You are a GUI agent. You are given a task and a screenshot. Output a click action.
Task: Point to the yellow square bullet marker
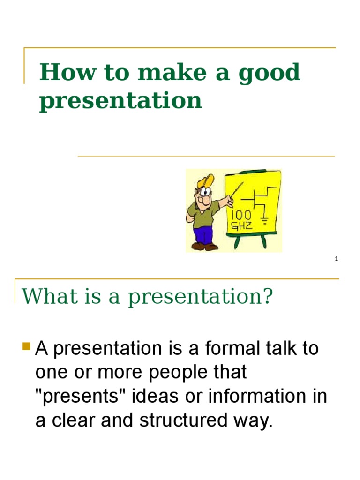pyautogui.click(x=26, y=347)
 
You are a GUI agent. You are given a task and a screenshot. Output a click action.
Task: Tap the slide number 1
pyautogui.click(x=337, y=259)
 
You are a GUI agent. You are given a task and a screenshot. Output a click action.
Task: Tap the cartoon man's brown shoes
pyautogui.click(x=204, y=246)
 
